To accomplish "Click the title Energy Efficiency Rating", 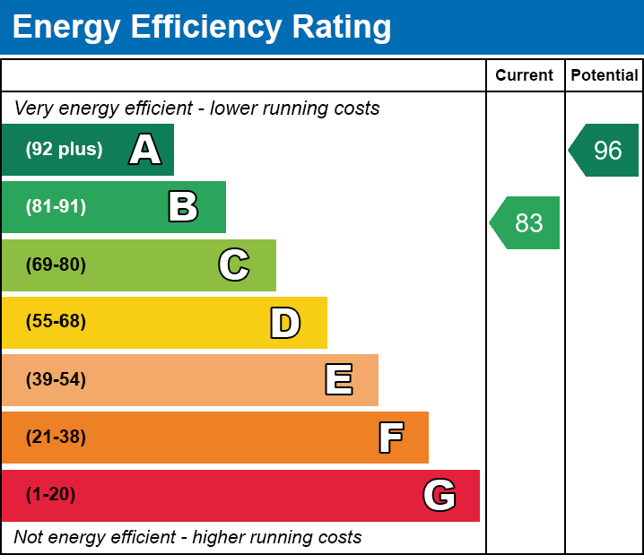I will coord(202,28).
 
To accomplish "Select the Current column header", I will coord(525,76).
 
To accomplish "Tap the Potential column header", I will coord(605,76).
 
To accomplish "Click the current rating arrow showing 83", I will coord(527,222).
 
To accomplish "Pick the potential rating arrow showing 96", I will coord(605,150).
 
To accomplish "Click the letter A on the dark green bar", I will coord(145,150).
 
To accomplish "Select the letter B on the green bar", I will coord(183,207).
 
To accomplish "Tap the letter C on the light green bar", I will coord(234,264).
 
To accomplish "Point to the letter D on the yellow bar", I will coord(285,323).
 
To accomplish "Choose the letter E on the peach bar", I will coord(338,380).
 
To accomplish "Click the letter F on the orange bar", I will coord(390,438).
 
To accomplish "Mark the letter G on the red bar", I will coord(439,495).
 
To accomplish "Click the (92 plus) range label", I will coord(64,150).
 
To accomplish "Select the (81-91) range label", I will coord(56,207).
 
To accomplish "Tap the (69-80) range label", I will coord(56,264).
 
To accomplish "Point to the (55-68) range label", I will coord(56,322).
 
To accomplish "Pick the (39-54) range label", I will coord(56,380).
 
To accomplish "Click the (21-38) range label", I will coord(56,438).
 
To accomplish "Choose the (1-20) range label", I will coord(51,495).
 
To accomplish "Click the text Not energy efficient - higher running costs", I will coord(187,537).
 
